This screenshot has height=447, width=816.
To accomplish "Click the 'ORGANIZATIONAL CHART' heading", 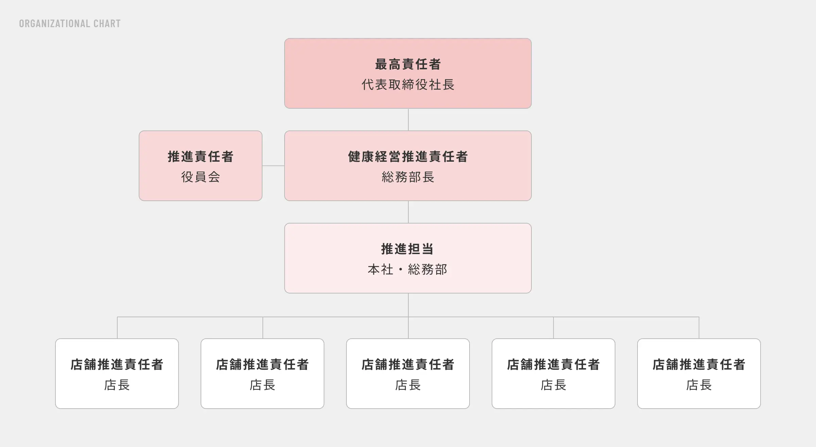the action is click(x=70, y=23).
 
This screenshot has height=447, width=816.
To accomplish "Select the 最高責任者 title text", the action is click(x=408, y=64).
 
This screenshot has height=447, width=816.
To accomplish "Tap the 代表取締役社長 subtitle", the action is click(x=408, y=85).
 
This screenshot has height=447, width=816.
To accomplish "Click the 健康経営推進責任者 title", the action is click(x=408, y=157).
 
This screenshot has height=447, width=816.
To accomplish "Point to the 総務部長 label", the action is click(x=408, y=177).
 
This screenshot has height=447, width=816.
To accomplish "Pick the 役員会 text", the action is click(x=201, y=177).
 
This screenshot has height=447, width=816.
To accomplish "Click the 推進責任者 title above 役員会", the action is click(x=201, y=157).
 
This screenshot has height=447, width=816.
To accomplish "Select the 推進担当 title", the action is click(x=408, y=249).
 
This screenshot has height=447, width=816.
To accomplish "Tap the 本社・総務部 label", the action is click(x=408, y=269).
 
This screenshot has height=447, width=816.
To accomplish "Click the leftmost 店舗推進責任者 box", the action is click(x=117, y=374).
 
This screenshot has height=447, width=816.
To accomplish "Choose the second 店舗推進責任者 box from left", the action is click(x=262, y=374).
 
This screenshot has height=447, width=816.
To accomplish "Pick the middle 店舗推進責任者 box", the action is click(x=408, y=374).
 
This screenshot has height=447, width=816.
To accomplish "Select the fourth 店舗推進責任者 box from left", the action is click(x=554, y=374).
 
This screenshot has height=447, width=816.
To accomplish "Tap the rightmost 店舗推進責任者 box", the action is click(x=699, y=374).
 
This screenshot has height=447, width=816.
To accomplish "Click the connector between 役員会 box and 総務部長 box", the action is click(x=273, y=166).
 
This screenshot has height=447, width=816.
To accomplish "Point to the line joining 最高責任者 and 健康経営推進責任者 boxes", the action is click(x=408, y=120).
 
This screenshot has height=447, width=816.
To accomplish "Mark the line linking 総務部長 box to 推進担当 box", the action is click(x=408, y=212).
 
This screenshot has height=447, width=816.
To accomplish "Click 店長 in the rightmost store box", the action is click(x=699, y=385).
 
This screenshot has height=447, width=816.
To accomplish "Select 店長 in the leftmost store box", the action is click(x=117, y=385).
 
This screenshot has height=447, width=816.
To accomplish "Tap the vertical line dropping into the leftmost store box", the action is click(x=117, y=328).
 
